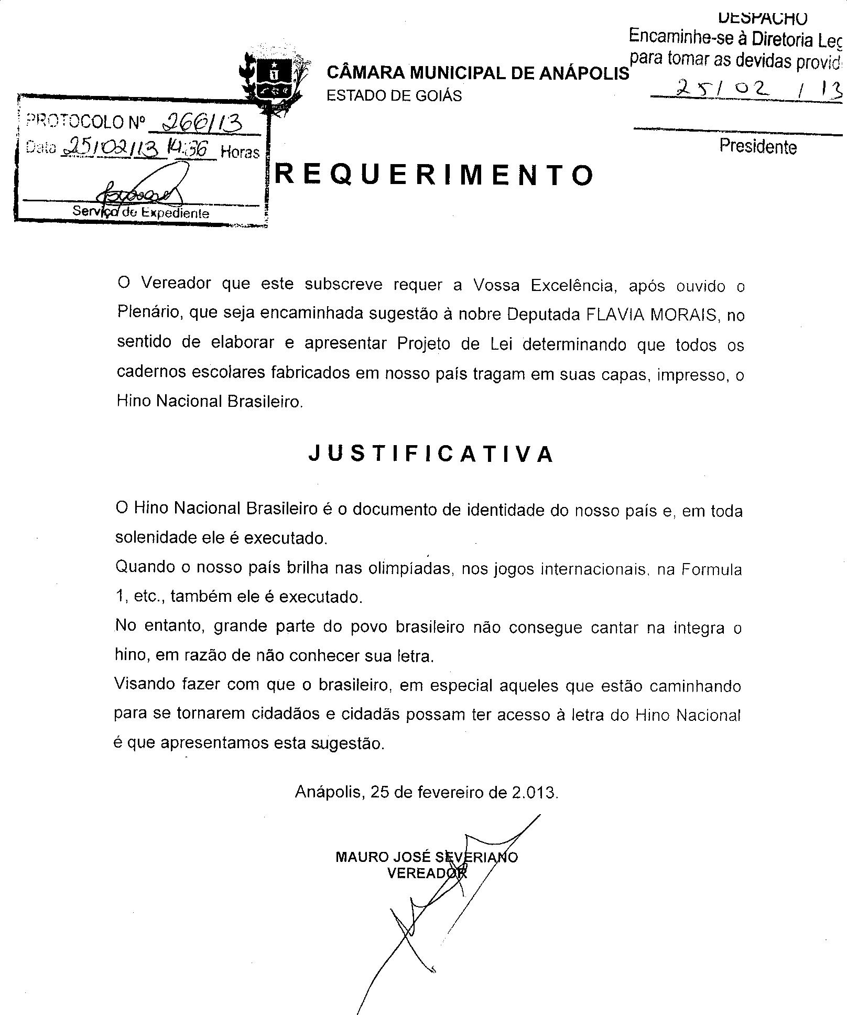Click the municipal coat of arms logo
point(273,79)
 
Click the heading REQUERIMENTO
point(435,175)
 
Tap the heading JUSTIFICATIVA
point(431,454)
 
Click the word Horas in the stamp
point(240,153)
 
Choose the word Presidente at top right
point(758,146)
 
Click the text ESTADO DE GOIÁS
point(394,96)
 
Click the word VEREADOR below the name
point(427,873)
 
